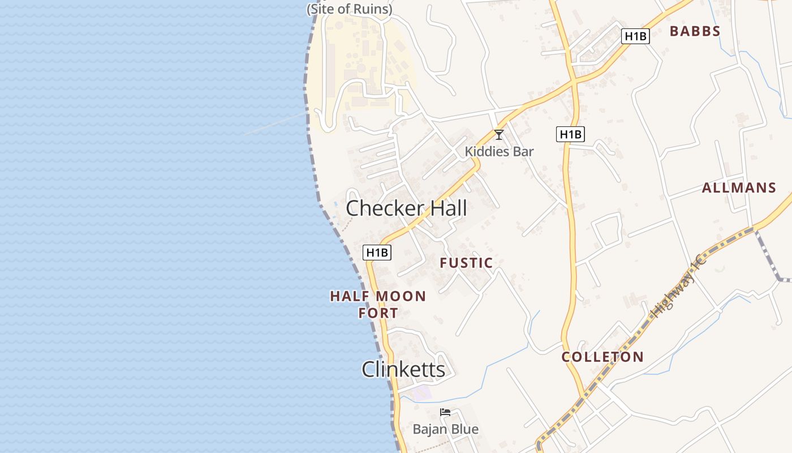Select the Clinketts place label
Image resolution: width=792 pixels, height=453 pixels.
(403, 369)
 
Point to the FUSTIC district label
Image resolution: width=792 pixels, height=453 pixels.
(466, 263)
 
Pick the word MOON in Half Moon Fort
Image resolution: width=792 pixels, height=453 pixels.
(401, 296)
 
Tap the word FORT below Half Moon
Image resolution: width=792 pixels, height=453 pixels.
(378, 313)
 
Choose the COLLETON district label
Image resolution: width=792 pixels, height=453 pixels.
(602, 357)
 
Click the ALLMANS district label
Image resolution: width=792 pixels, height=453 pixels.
(739, 188)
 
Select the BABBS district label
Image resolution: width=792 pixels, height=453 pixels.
(695, 31)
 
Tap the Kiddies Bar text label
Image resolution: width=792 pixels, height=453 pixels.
(499, 151)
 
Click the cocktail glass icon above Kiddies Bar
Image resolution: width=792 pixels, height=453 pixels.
(498, 135)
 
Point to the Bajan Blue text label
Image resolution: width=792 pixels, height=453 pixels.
(445, 429)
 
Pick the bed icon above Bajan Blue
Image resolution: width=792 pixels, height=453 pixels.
(445, 412)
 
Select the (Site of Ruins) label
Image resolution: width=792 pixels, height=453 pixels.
(349, 9)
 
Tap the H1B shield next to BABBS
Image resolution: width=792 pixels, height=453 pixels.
(635, 36)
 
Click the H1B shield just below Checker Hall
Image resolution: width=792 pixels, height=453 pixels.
(377, 253)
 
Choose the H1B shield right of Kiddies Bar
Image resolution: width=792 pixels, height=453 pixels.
(570, 134)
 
